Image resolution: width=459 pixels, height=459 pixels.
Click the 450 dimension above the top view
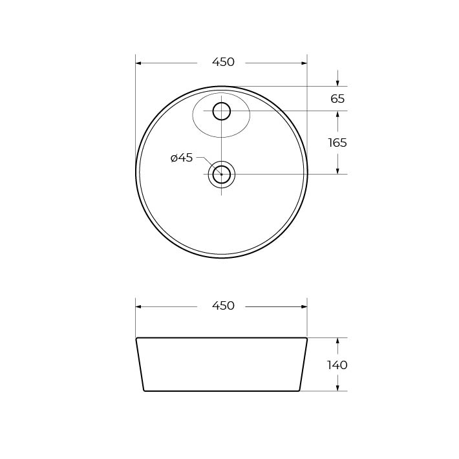tap(223, 62)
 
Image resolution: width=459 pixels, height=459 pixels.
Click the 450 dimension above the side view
tap(223, 306)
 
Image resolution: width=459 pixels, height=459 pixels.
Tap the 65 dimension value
tap(337, 99)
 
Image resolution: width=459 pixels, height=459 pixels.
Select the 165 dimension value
tap(337, 143)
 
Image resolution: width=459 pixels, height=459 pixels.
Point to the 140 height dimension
tap(337, 365)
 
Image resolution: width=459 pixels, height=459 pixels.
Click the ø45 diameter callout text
tap(182, 158)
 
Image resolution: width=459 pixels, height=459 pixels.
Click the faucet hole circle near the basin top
tap(222, 111)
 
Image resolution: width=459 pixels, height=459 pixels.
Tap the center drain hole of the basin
tap(222, 175)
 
